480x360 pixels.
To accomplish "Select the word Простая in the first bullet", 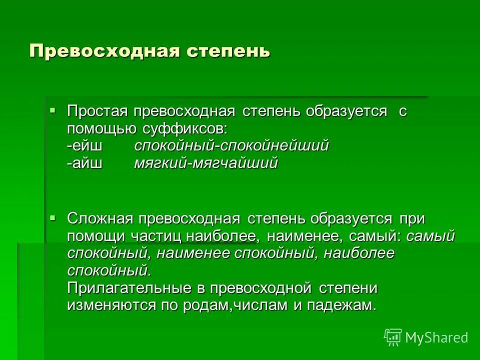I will [x=98, y=112].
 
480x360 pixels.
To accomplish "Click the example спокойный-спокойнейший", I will [x=231, y=146].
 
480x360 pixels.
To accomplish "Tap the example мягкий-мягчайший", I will [x=205, y=163].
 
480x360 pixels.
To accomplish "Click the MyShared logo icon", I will [x=393, y=337].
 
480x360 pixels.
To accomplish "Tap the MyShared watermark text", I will [x=436, y=338].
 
